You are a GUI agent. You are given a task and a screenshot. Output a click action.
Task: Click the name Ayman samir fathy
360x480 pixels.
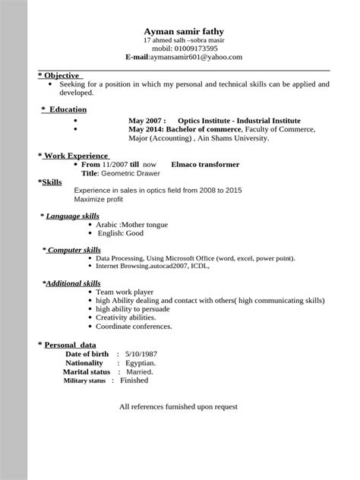(x=184, y=30)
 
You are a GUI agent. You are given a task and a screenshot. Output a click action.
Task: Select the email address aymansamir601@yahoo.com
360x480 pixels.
(x=197, y=57)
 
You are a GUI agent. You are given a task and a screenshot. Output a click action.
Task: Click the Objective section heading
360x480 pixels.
(x=62, y=76)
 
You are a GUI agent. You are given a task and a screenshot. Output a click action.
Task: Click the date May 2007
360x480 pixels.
(x=147, y=121)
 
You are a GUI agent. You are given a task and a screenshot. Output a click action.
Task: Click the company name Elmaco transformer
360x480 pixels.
(x=206, y=164)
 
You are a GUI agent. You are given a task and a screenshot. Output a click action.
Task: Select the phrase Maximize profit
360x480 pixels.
(x=99, y=199)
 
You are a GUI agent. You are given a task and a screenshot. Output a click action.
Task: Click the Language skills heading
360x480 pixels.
(x=72, y=216)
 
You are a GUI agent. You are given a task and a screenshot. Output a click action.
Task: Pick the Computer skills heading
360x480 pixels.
(x=74, y=249)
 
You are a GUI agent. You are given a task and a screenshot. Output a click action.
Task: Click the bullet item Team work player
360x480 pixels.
(x=126, y=292)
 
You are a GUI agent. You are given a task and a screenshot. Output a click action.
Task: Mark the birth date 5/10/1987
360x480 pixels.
(x=141, y=354)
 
